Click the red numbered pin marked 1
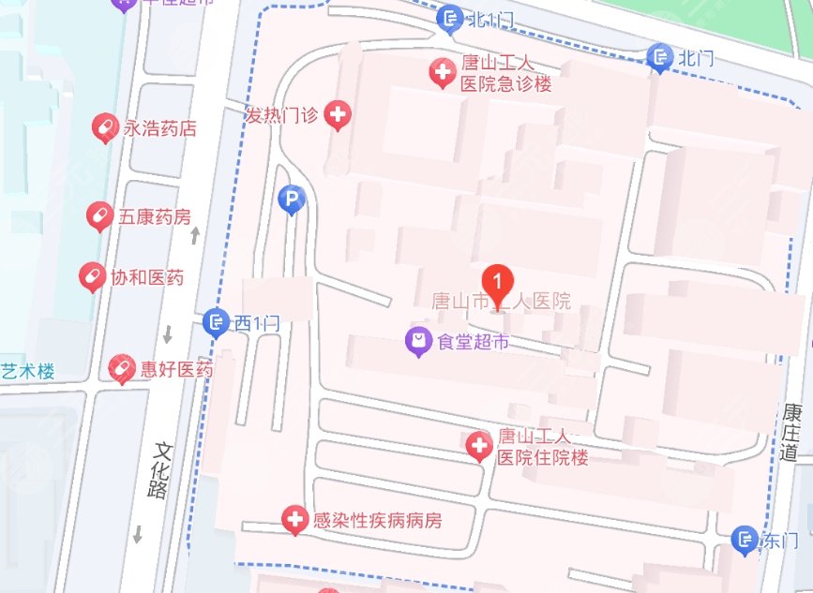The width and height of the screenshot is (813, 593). point(497,280)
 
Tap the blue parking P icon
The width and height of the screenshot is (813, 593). point(292,199)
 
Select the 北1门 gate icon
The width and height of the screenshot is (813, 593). point(451,18)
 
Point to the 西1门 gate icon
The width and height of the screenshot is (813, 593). point(216,323)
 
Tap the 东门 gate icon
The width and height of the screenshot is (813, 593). point(745,540)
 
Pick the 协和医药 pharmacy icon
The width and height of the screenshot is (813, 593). point(92,277)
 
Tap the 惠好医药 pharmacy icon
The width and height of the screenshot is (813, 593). point(122,368)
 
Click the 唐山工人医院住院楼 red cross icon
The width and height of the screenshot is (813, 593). point(479,446)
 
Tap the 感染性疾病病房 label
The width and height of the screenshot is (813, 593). point(377,519)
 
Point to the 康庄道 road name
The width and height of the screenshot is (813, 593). point(791,432)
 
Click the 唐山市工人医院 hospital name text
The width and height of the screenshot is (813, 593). point(501,302)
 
